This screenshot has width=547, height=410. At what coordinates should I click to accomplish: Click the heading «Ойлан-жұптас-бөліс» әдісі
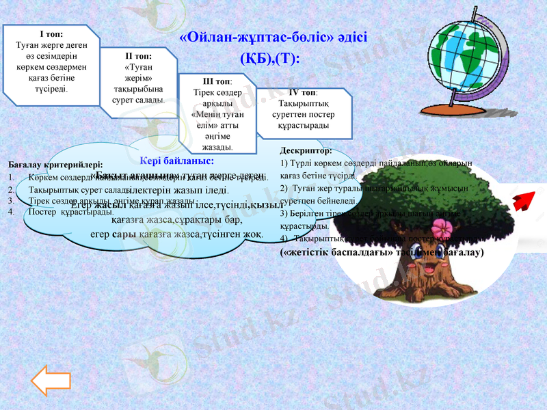pos(273,38)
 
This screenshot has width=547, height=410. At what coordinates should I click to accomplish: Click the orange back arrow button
pos(46,381)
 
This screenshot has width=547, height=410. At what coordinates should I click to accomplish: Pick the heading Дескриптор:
pos(306,150)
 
